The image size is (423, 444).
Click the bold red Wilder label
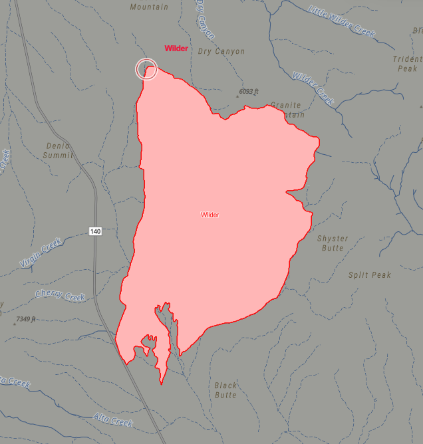coord(176,49)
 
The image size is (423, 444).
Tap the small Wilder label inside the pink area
coord(210,215)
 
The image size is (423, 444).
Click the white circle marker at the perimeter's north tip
coord(146,68)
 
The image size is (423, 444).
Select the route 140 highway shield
coord(95,231)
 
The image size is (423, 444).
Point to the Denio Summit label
coord(58,150)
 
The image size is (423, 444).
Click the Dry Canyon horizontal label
coord(221,51)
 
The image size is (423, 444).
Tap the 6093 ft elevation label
coord(249,92)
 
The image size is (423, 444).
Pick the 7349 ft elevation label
coord(26,320)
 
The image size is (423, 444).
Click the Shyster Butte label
coord(333,243)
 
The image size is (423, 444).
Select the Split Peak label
coord(370,275)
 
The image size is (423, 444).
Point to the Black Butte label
coord(225,390)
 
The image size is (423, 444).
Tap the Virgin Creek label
coord(41,253)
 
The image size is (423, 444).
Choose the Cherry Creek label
coord(61,295)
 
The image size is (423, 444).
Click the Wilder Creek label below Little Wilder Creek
coord(313,88)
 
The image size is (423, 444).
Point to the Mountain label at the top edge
coord(149,7)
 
